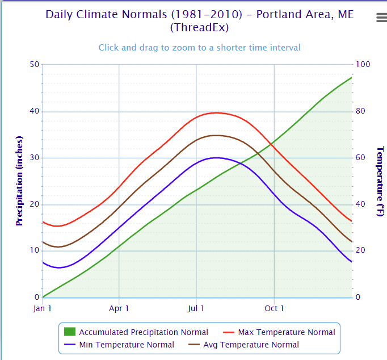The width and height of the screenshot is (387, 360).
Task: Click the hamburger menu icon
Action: click(x=381, y=18)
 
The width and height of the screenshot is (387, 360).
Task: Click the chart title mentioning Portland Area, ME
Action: click(x=199, y=20)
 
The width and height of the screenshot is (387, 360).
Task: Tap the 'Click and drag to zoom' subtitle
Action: click(x=199, y=48)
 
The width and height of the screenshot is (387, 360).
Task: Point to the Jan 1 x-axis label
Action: click(x=43, y=308)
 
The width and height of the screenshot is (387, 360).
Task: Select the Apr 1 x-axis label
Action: click(x=119, y=308)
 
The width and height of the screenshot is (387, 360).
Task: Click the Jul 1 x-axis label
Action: click(x=196, y=308)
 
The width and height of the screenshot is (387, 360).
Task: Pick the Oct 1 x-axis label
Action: click(x=274, y=308)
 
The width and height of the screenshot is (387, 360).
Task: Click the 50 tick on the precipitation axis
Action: click(x=34, y=64)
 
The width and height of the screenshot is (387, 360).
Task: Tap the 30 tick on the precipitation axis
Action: click(x=34, y=158)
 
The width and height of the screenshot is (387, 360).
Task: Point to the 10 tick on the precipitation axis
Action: click(x=34, y=251)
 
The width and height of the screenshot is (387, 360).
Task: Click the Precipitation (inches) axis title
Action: click(x=19, y=181)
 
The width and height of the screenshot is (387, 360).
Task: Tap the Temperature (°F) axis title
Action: click(x=380, y=181)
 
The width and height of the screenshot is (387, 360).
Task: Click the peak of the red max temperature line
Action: click(x=216, y=112)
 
